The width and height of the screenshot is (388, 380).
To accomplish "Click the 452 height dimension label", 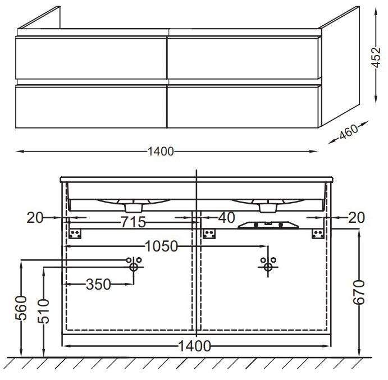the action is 376,57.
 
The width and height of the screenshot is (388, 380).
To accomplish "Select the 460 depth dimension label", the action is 349,132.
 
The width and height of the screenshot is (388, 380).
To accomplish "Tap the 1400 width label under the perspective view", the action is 161,152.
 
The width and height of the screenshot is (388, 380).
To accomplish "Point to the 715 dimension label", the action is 133,222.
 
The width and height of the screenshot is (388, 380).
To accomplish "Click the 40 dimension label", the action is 227,218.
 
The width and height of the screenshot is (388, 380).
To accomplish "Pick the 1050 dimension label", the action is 161,246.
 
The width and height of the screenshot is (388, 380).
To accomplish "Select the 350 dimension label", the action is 98,284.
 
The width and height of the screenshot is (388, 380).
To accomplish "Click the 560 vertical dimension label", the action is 21,308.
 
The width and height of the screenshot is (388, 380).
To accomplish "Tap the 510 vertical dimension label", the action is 44,311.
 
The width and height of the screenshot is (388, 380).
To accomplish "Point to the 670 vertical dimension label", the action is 359,292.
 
